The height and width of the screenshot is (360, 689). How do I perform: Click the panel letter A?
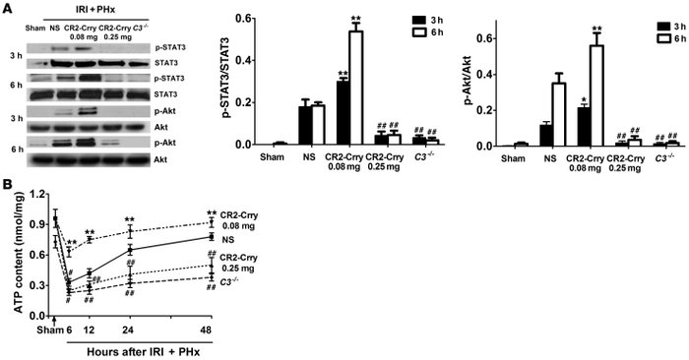click(7, 9)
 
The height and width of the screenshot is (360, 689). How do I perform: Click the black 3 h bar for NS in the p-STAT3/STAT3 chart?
click(282, 125)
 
